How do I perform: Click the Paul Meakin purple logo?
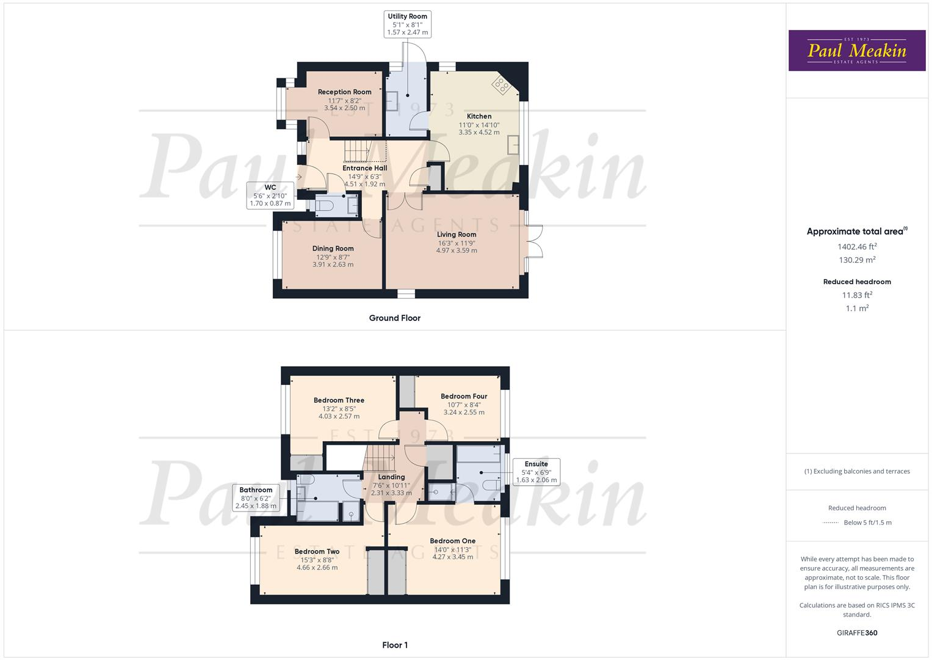pos(857,51)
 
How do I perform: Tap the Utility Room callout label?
pos(407,24)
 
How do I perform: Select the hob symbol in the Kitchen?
pos(502,85)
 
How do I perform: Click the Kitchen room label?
pos(479,116)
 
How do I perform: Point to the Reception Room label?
pos(344,92)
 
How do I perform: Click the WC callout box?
pos(270,196)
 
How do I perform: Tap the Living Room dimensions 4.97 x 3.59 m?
pos(457,251)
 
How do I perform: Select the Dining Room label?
pos(333,249)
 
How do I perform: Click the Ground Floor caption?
pos(394,318)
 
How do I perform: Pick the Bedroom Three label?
pos(339,401)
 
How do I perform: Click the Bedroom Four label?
pos(464,397)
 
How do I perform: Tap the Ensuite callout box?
pos(536,472)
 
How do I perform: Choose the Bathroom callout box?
pos(256,498)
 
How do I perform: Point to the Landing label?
pos(391,477)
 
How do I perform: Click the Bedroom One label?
pos(452,541)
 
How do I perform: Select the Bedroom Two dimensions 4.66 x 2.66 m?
pos(317,568)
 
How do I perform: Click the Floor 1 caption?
pos(394,645)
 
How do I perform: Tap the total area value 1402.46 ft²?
pos(857,247)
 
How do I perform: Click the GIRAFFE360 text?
pos(857,633)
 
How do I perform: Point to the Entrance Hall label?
pos(364,168)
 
